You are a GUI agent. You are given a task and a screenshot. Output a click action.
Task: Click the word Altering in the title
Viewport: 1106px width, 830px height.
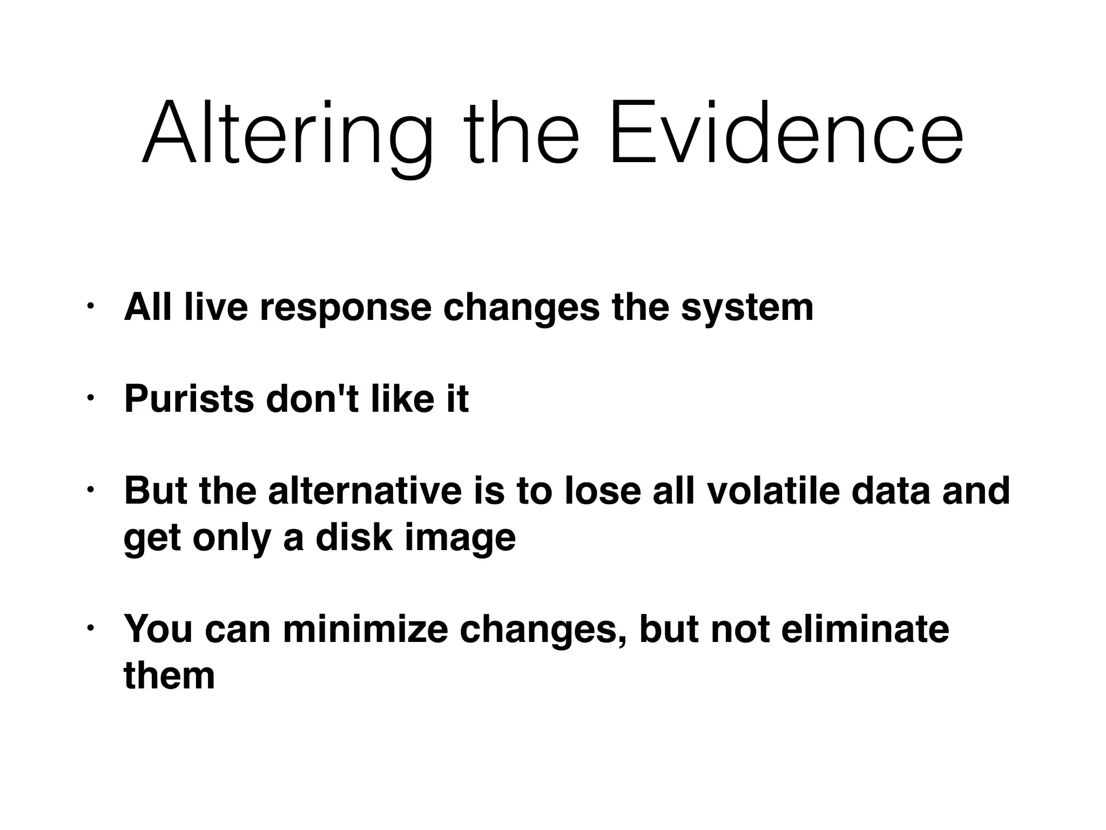[287, 134]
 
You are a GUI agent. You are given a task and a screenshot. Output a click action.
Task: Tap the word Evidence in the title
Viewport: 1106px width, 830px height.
[786, 134]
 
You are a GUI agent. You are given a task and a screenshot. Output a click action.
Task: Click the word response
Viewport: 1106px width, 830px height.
[346, 308]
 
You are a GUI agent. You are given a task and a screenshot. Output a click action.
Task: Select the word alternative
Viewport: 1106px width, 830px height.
[365, 491]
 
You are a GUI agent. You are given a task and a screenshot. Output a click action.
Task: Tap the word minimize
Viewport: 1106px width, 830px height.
[365, 629]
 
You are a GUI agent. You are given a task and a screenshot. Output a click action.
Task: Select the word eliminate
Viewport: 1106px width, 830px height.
[865, 629]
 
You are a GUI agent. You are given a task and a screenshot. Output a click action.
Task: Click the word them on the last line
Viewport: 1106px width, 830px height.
[169, 675]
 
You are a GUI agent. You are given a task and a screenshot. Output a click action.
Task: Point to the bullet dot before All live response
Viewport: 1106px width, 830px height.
[90, 307]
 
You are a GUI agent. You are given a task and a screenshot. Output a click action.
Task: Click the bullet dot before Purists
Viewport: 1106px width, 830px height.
[90, 399]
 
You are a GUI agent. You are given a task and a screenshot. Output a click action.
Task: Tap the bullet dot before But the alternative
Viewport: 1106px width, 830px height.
[90, 491]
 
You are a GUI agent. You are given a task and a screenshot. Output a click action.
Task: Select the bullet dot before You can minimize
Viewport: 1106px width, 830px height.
[90, 629]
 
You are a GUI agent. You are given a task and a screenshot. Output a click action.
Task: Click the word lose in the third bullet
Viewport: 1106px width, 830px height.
[603, 491]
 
